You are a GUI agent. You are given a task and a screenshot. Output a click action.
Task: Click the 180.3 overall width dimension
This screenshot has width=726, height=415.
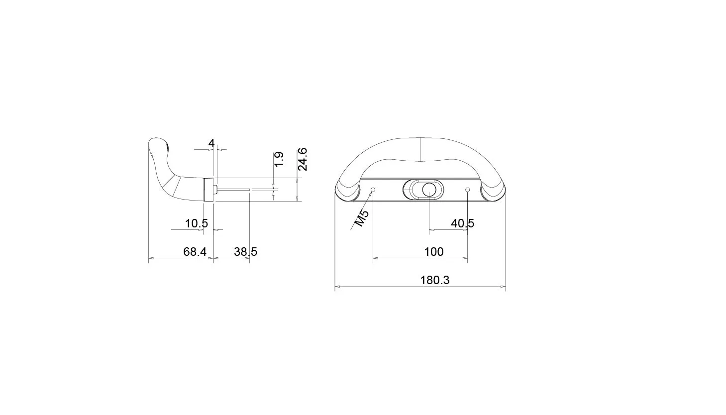[434, 280]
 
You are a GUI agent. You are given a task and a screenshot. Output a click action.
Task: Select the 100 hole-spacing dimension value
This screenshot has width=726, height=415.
[434, 252]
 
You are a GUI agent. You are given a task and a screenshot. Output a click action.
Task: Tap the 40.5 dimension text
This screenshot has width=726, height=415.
[462, 223]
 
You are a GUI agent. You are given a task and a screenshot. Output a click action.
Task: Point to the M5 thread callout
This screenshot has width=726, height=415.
[362, 218]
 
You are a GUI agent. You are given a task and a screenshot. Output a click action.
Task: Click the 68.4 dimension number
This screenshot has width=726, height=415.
[195, 252]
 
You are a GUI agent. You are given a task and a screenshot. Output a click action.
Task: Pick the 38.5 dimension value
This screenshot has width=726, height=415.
[246, 252]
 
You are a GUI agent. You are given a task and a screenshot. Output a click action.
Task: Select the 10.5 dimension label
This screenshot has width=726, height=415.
[197, 223]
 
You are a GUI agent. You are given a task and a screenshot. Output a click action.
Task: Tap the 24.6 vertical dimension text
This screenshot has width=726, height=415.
[303, 159]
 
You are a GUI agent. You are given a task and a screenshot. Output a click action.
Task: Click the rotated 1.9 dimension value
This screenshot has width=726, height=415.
[279, 159]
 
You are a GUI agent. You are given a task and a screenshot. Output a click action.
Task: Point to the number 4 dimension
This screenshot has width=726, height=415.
[211, 143]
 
